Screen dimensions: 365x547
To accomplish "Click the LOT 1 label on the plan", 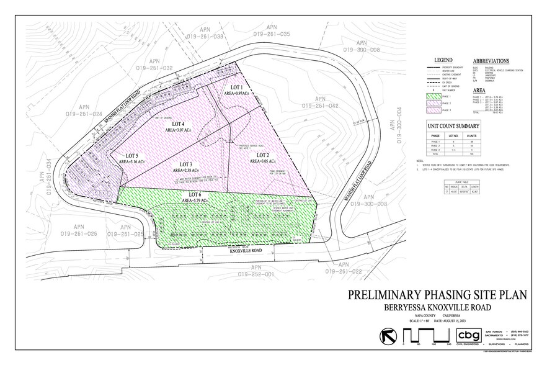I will click(x=237, y=86).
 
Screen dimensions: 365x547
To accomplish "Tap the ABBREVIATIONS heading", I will click(x=491, y=61).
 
